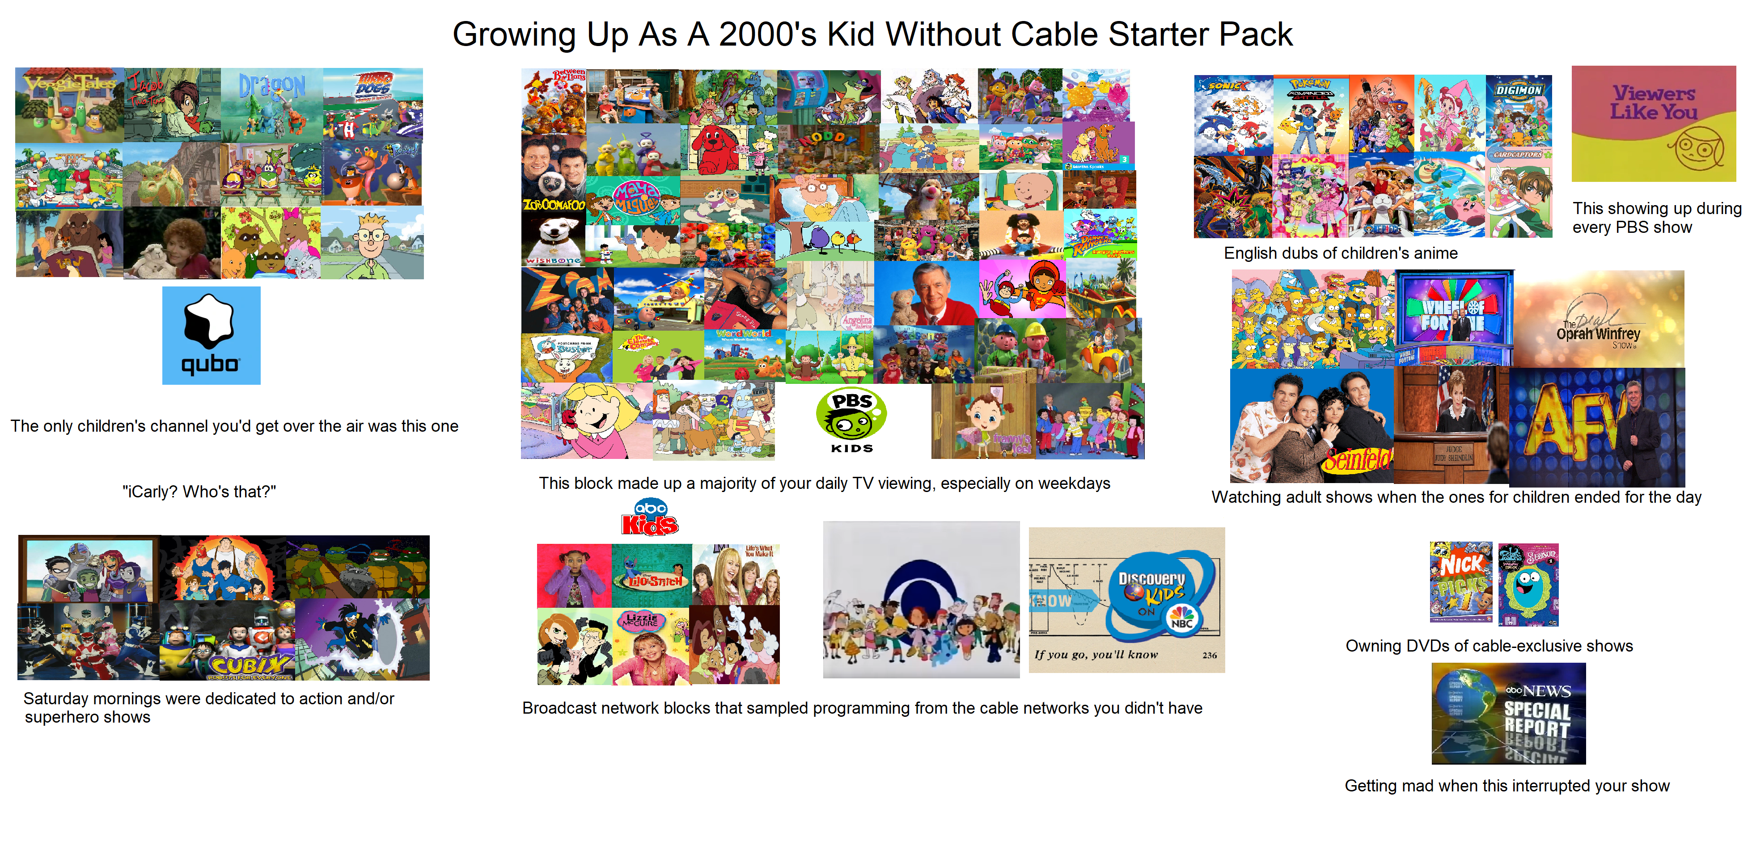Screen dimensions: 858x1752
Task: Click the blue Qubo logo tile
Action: click(211, 335)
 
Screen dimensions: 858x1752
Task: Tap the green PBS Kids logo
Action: click(851, 419)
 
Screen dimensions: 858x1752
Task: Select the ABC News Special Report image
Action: click(1508, 713)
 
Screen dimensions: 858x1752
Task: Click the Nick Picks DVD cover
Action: click(1461, 582)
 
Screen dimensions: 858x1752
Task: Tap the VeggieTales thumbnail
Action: click(69, 105)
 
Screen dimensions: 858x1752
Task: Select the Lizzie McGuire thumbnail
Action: click(650, 646)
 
